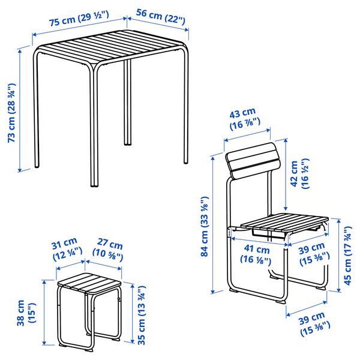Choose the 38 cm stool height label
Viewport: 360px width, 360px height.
point(22,313)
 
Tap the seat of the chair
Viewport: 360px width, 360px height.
point(284,223)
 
